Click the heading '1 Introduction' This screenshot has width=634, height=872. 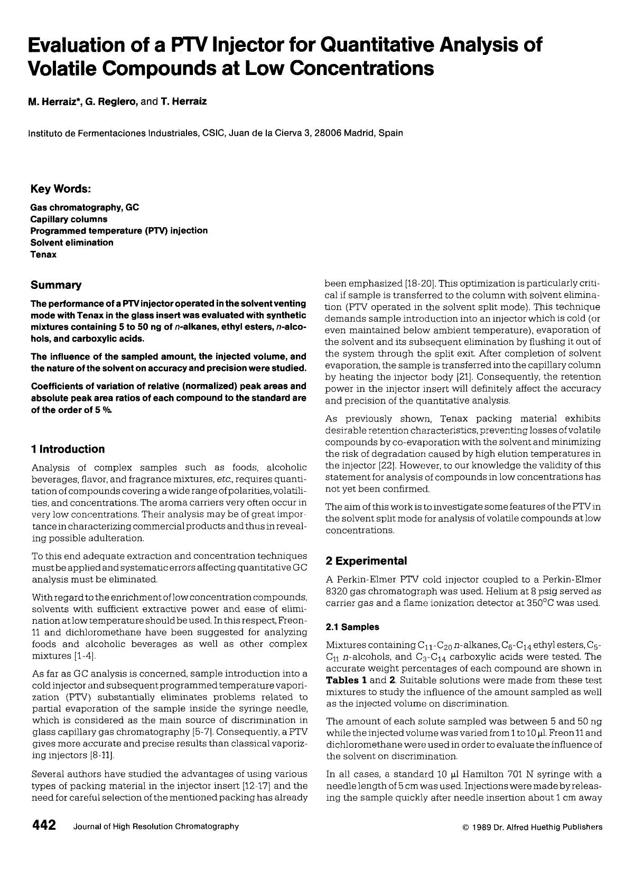click(x=68, y=449)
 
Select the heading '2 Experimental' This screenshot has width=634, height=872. click(x=366, y=560)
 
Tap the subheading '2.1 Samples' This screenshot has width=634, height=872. click(x=352, y=627)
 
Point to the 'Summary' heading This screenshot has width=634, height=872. click(x=56, y=285)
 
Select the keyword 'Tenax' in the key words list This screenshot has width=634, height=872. click(x=43, y=255)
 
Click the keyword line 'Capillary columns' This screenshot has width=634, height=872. click(x=69, y=219)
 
